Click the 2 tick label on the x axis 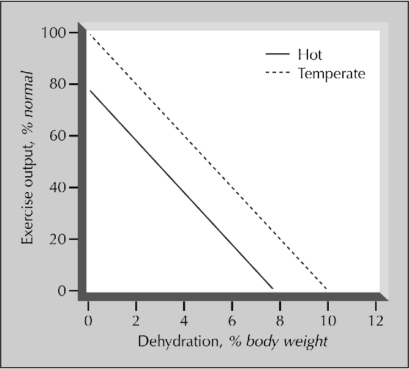click(136, 321)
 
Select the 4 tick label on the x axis click(184, 321)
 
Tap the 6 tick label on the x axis click(231, 321)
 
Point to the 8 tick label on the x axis click(279, 321)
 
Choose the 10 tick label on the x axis click(327, 321)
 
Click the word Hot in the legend click(310, 54)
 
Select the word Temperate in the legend click(331, 74)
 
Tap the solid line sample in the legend click(277, 54)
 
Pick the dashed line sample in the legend click(277, 73)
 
